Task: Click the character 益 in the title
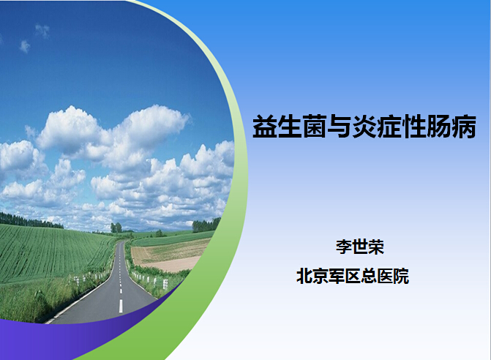point(264,127)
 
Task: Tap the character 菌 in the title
point(315,127)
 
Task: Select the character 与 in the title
point(339,127)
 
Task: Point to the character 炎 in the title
point(364,127)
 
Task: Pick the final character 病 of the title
point(464,127)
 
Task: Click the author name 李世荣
point(360,247)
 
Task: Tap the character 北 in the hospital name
point(304,276)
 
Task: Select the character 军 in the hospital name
point(337,276)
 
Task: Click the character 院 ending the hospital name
point(401,276)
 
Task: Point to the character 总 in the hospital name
point(369,276)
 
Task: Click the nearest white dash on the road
point(121,306)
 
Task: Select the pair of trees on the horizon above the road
point(116,228)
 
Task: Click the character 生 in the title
point(289,127)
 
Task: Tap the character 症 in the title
point(389,127)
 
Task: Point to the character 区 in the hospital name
point(353,276)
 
